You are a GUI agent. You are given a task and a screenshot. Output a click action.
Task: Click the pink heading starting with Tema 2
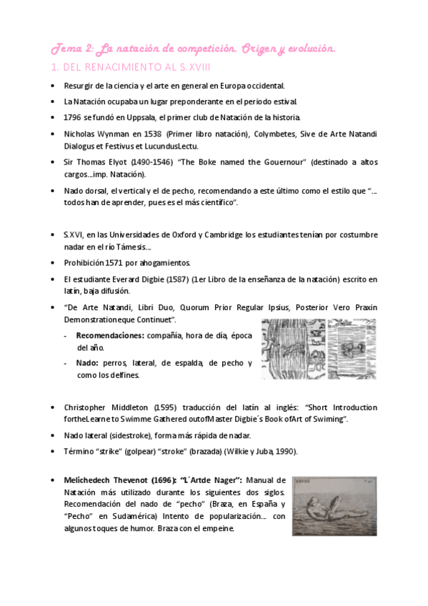coord(191,49)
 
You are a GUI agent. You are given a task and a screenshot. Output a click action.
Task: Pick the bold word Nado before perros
coord(86,363)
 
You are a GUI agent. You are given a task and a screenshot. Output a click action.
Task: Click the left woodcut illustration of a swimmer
coord(292,349)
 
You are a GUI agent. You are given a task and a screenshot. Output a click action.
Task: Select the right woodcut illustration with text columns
coord(353,349)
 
